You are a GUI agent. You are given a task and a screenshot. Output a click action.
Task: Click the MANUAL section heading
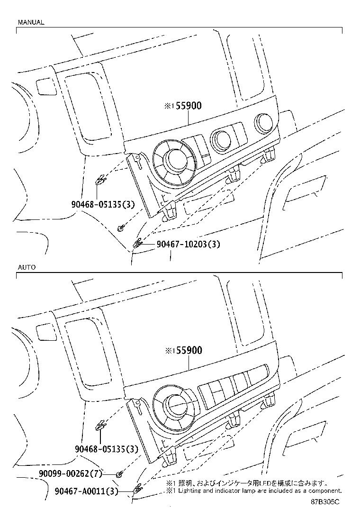[31, 22]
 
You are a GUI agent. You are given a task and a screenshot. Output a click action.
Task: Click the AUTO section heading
[27, 267]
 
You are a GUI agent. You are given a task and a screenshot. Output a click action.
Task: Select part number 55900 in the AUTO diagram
[187, 351]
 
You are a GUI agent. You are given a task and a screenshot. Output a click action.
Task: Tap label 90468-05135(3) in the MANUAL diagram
[103, 205]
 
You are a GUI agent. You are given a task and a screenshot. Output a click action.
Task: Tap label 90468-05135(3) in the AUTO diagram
[106, 449]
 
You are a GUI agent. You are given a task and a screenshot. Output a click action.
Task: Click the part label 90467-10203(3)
[189, 245]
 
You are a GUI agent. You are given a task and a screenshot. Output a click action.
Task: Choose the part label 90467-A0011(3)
[81, 491]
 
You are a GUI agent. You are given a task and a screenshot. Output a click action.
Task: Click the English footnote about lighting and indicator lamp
[253, 491]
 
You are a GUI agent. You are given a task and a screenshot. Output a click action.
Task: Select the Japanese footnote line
[246, 483]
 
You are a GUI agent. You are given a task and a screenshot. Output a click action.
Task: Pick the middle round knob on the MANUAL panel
[221, 139]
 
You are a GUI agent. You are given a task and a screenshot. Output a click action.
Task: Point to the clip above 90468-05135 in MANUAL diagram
[100, 180]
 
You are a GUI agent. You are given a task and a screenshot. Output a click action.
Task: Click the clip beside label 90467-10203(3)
[138, 244]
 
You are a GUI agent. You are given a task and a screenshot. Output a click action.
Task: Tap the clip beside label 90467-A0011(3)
[138, 489]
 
